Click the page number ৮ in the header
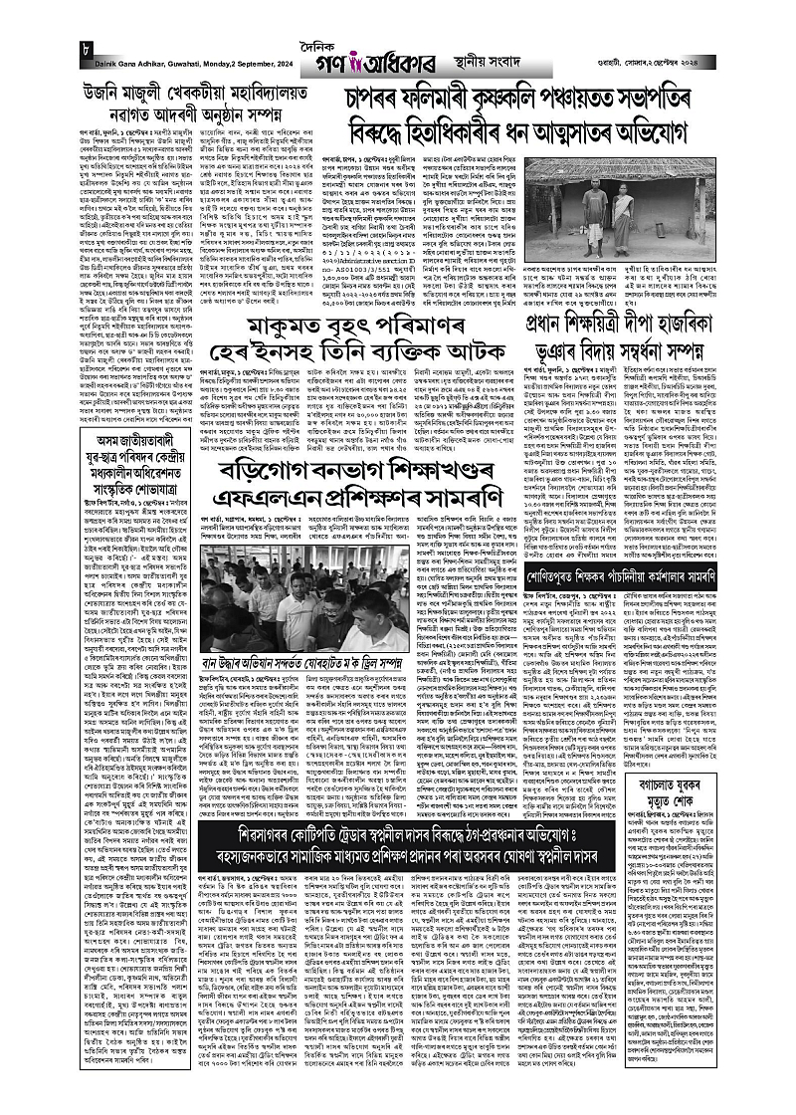click(61, 51)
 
